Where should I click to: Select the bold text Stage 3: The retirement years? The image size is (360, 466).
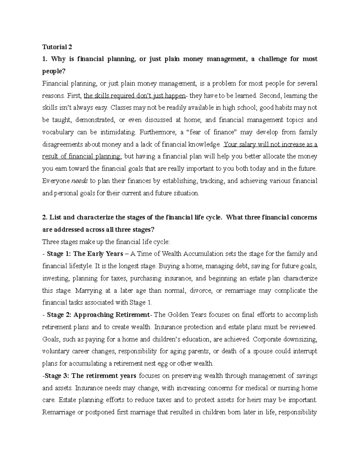91,376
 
